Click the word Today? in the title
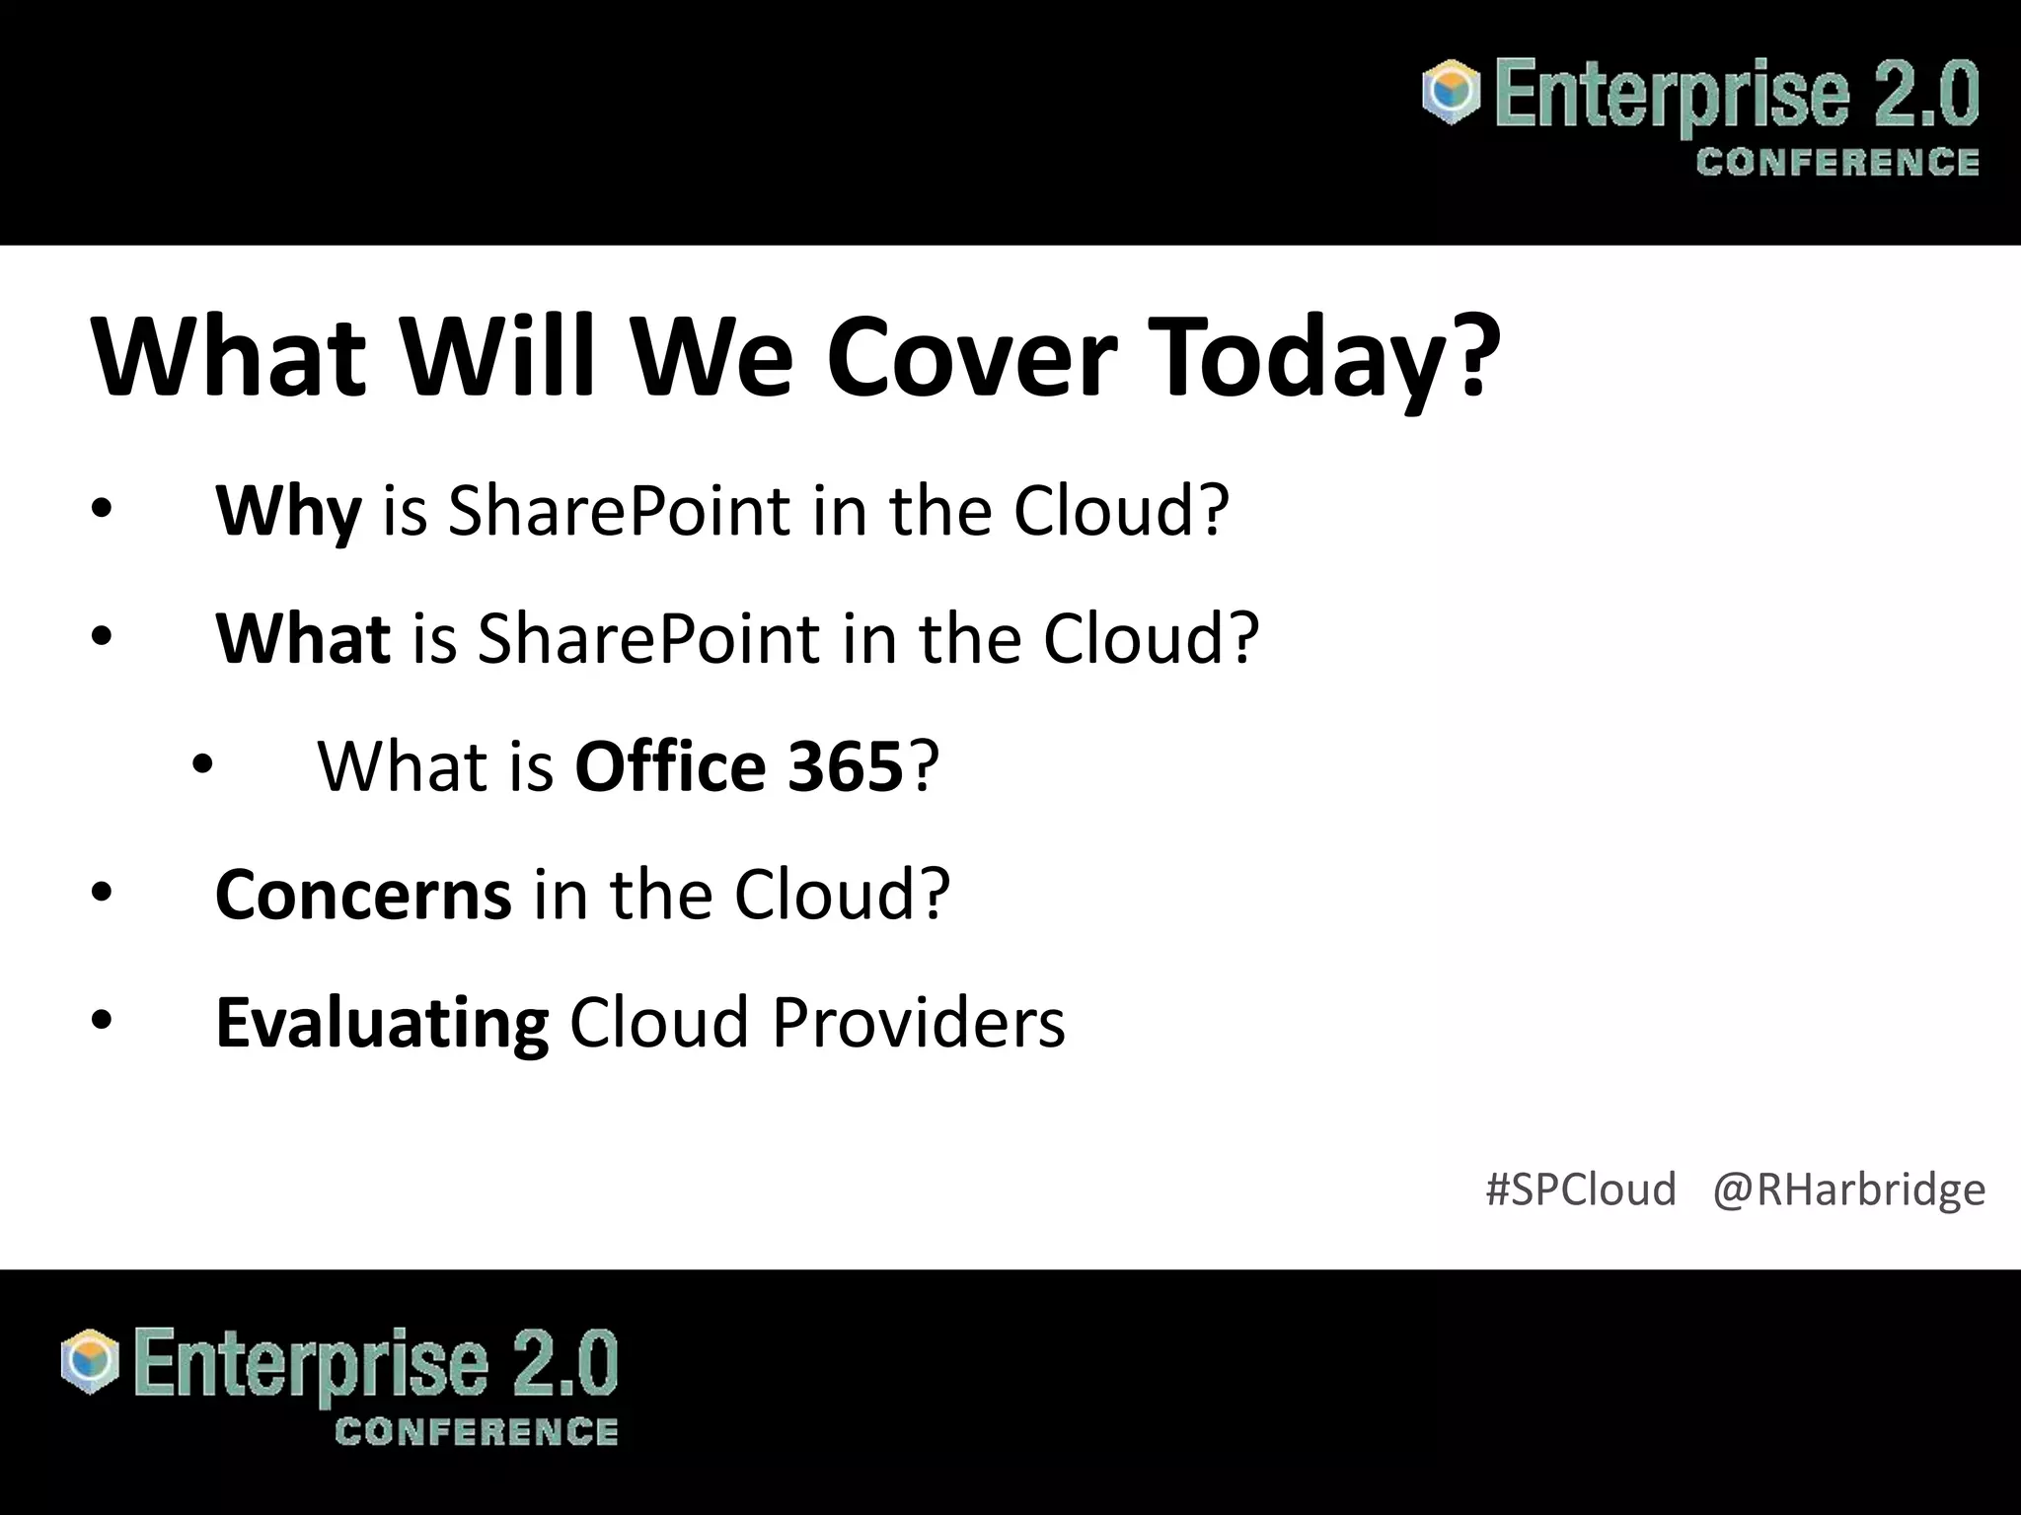1327,357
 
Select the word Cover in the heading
972,357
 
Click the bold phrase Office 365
738,766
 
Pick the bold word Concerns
363,894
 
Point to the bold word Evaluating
382,1023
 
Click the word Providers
918,1023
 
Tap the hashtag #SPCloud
1580,1189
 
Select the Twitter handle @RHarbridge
1848,1189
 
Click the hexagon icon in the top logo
1451,93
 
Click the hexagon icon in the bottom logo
90,1362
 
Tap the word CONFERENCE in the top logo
1837,163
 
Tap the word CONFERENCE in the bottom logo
477,1432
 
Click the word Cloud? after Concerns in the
842,894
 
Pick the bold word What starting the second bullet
303,638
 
